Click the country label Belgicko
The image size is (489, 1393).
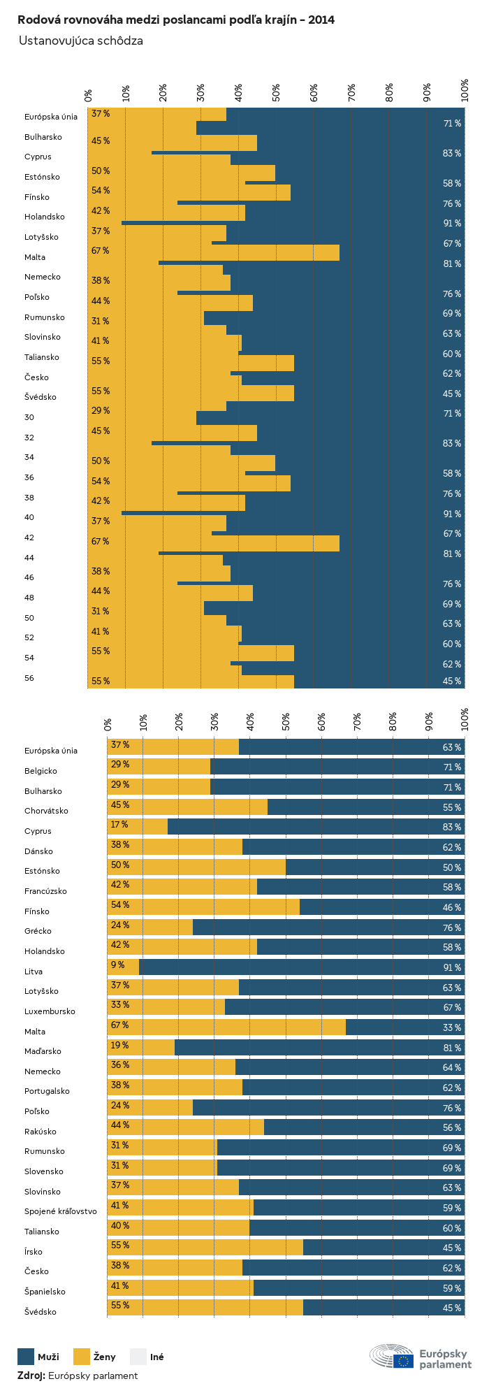41,771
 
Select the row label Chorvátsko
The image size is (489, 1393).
46,811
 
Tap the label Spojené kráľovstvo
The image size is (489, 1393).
61,1211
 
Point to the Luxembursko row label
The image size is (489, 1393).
50,1011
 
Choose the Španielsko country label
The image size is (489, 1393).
45,1292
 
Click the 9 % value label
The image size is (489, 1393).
117,965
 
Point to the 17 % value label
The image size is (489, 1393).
119,825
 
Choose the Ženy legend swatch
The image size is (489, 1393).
82,1357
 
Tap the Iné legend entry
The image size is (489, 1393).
156,1357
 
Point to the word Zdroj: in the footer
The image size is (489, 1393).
31,1376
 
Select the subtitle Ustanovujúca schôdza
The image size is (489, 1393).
81,41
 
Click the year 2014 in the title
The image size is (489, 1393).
320,20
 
